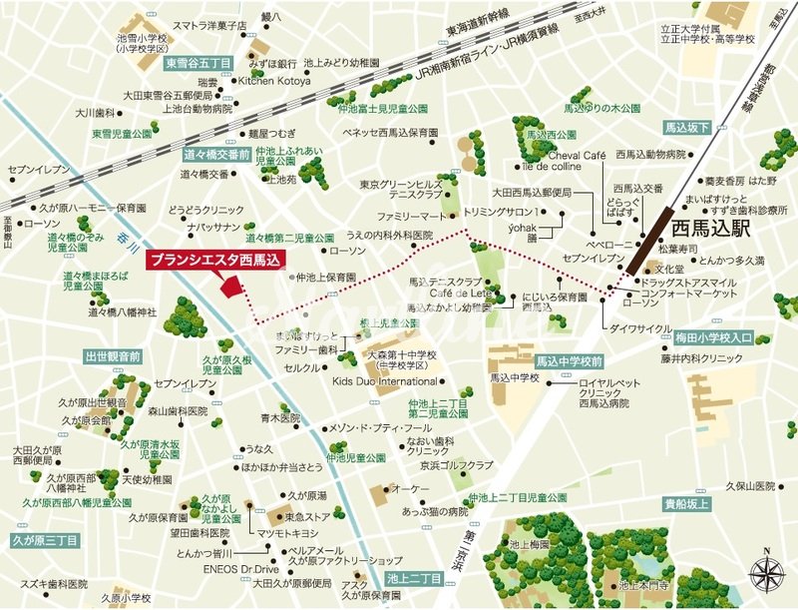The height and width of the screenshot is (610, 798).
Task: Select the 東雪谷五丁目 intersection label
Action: coord(199,62)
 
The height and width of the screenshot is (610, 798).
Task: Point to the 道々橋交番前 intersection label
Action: coord(216,154)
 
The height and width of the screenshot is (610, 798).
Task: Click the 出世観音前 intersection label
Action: coord(113,355)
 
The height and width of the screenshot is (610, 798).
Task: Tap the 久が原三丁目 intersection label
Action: coord(45,539)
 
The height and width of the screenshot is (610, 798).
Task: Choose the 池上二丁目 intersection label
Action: coord(414,578)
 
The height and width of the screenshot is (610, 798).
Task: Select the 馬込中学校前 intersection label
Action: coord(569,360)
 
